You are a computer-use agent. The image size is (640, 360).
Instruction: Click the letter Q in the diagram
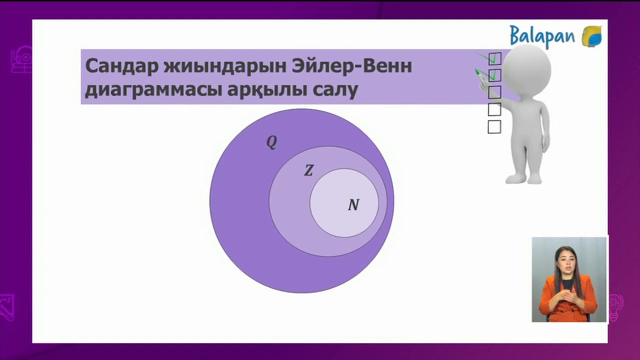[271, 142]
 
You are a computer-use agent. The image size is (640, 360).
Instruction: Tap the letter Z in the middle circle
[308, 171]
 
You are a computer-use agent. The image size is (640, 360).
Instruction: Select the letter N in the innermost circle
[353, 205]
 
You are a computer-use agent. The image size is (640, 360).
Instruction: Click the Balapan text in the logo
[542, 36]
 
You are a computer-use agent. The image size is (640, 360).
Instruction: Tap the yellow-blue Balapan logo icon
[591, 36]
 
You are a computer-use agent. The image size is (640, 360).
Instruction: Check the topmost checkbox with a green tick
[494, 58]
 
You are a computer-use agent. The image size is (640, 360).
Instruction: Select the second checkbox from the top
[494, 75]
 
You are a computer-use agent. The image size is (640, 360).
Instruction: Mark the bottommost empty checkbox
[494, 127]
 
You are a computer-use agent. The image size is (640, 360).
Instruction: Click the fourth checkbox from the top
[494, 109]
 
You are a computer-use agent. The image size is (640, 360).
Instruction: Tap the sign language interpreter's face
[567, 259]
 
